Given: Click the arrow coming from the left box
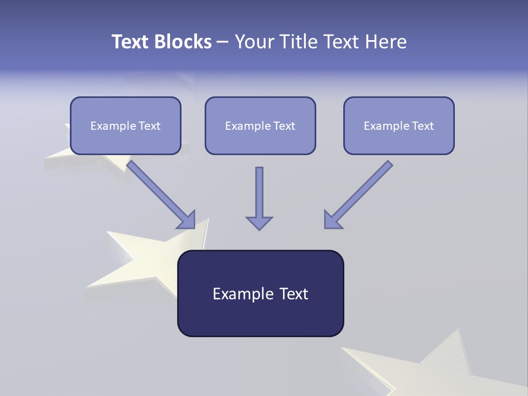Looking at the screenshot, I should tap(160, 194).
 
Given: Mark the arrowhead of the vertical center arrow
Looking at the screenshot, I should tap(259, 222).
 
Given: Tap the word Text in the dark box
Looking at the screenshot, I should tap(294, 294).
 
